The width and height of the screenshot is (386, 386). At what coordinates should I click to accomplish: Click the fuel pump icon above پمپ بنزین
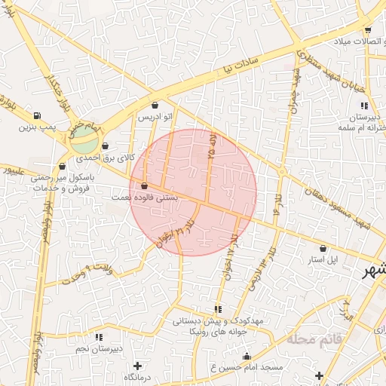coord(36,115)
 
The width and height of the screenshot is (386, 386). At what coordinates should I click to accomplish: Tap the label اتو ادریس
coord(155,118)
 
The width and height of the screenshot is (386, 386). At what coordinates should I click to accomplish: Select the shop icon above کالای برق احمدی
coord(104,146)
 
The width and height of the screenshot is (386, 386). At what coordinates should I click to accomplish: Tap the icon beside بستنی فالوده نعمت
coord(144,185)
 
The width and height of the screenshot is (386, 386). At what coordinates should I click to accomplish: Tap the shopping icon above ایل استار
coord(323,248)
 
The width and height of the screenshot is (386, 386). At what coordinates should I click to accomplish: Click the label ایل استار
coord(323,259)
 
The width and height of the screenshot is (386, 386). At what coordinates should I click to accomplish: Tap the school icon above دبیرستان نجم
coord(98,337)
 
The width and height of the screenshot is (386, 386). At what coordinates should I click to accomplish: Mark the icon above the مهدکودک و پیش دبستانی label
coord(217,309)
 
